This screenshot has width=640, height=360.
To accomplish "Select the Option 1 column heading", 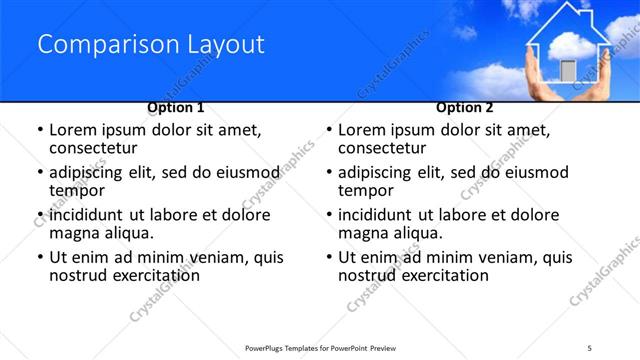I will tap(176, 107).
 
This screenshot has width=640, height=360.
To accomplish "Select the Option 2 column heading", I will tap(465, 107).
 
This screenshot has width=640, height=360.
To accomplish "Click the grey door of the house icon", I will tap(568, 70).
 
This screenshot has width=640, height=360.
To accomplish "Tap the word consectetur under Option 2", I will tap(381, 149).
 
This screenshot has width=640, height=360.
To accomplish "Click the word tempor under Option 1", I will tap(75, 191).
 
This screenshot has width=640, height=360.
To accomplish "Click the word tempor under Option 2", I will tap(364, 191).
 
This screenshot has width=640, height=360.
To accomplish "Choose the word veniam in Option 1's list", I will tap(201, 257).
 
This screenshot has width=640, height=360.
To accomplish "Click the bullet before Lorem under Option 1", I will tap(39, 131).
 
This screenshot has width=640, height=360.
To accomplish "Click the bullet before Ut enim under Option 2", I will tap(328, 257).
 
